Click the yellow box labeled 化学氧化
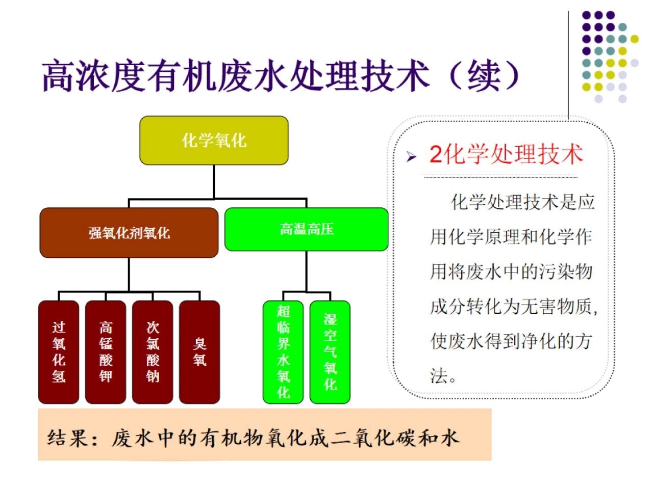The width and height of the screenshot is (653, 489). (x=214, y=141)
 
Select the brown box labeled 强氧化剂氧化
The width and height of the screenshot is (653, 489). (x=129, y=233)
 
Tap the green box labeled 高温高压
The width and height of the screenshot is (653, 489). (x=306, y=229)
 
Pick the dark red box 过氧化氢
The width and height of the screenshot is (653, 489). (x=59, y=352)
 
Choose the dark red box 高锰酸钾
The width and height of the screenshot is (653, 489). (x=106, y=352)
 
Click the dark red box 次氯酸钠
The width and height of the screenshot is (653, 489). (x=153, y=352)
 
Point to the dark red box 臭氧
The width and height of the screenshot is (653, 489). (x=199, y=352)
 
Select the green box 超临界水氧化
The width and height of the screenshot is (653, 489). (x=283, y=352)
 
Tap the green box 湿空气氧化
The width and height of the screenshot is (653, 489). (x=330, y=352)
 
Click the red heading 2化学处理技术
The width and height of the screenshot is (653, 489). (x=506, y=154)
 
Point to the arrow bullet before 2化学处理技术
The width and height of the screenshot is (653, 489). (x=412, y=157)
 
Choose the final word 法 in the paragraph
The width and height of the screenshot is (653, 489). (x=438, y=376)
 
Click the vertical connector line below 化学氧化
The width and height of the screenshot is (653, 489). (x=214, y=181)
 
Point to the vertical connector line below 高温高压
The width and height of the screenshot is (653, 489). (x=306, y=271)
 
